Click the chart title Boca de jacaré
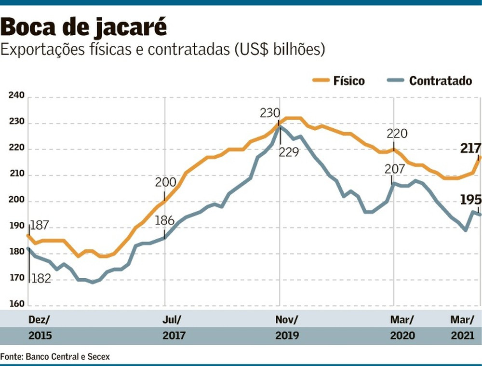(84, 27)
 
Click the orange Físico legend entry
(339, 81)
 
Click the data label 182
(41, 279)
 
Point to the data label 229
(289, 152)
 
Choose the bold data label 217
(470, 149)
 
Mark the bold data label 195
(470, 200)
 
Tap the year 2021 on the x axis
(462, 336)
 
